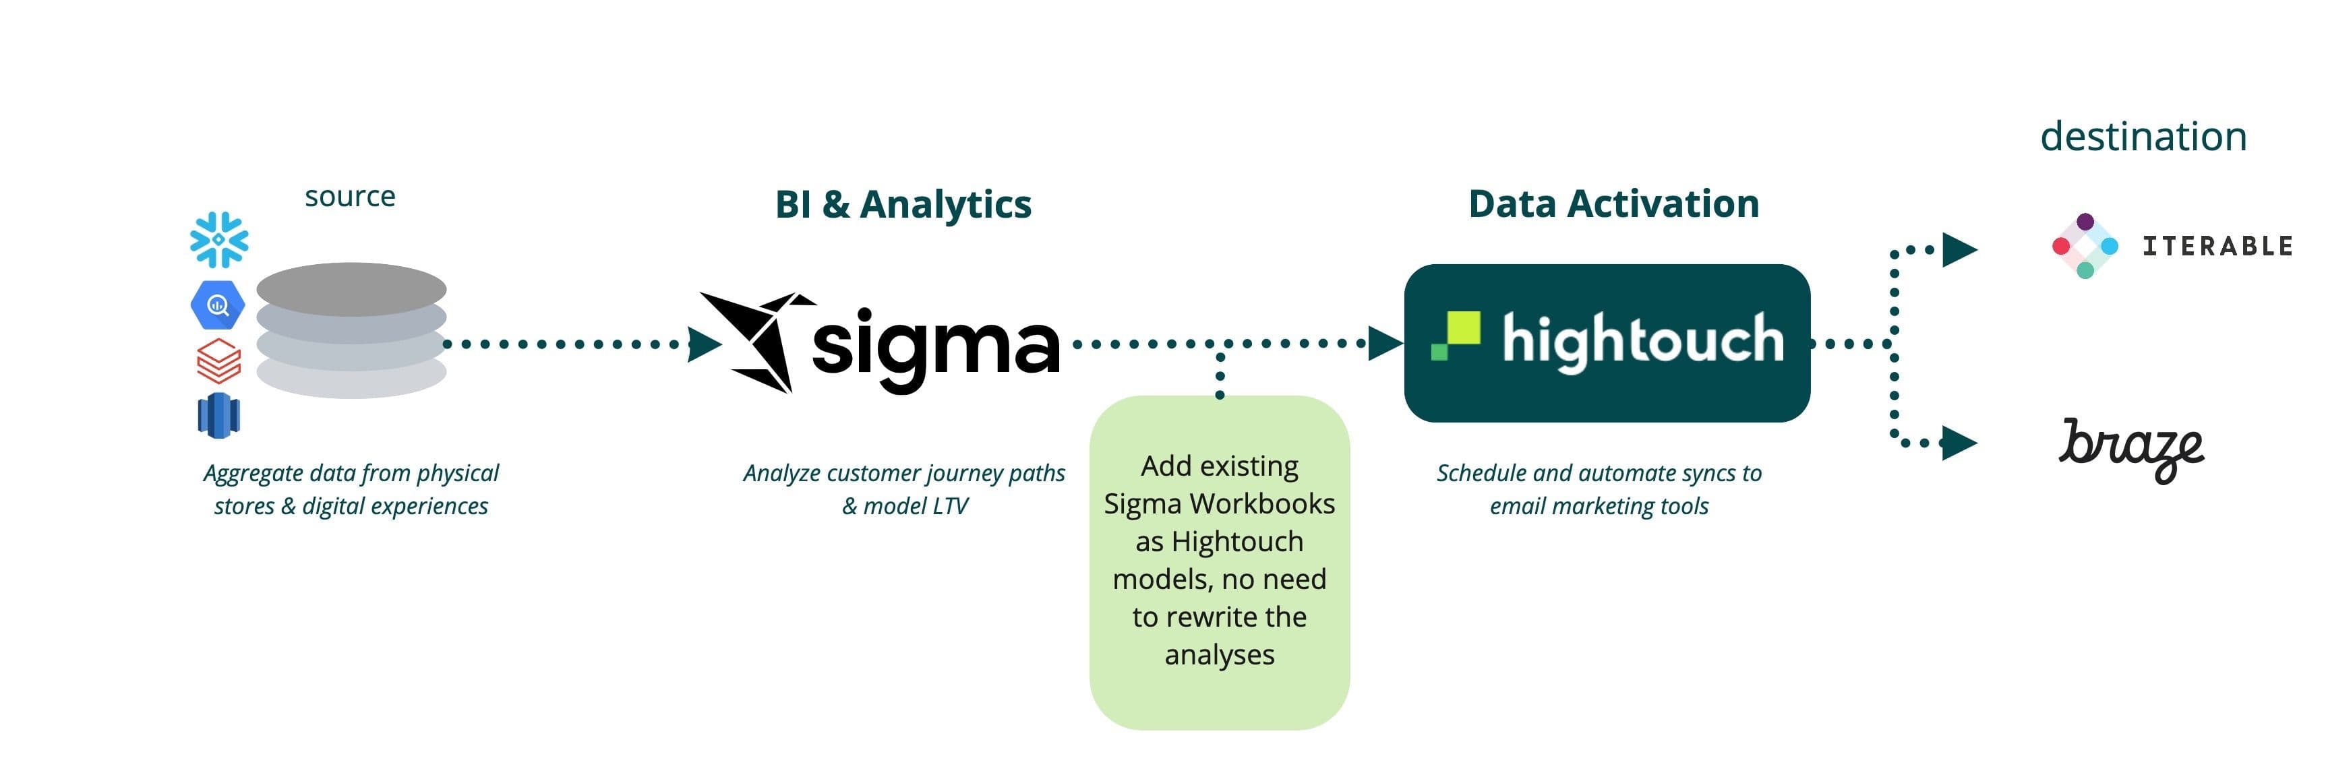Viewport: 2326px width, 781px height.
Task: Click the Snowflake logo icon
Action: pos(218,240)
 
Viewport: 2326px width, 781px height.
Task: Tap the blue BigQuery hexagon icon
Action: pos(218,305)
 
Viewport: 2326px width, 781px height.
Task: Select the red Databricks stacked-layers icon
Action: pos(218,361)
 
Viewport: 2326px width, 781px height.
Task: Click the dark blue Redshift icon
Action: pos(218,415)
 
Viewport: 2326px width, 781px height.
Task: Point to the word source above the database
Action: pos(351,196)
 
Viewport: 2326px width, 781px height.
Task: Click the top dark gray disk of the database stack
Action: pos(351,288)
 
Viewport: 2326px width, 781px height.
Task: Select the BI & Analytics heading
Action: pos(903,204)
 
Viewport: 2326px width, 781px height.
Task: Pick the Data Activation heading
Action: pos(1613,204)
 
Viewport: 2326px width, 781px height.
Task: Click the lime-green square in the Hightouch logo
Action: pos(1463,327)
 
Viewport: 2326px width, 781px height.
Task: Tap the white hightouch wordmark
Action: pos(1642,340)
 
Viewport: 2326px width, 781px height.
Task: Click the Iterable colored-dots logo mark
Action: pos(2085,245)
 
